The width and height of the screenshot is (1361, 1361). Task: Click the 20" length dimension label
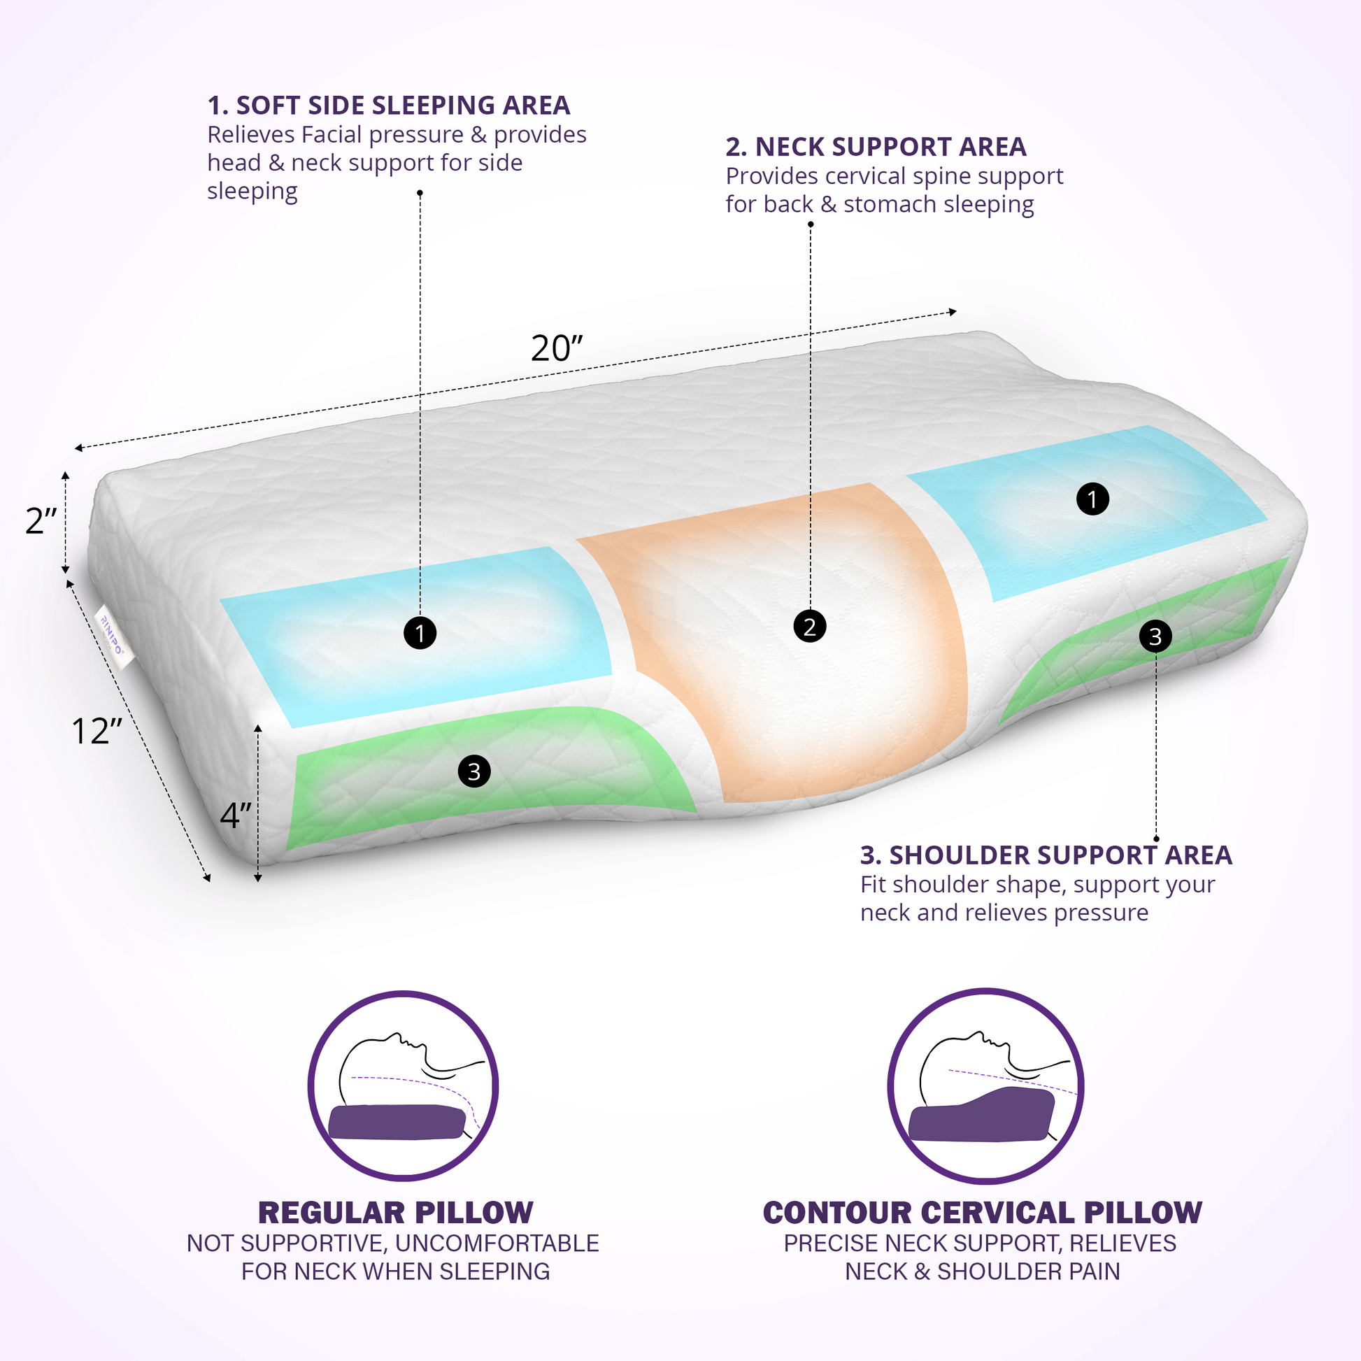557,348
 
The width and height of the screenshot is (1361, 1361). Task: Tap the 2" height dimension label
41,520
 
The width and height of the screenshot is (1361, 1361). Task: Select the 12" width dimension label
97,732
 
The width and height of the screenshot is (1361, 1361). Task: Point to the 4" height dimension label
235,815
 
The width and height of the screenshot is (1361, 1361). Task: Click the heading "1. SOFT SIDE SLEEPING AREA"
388,106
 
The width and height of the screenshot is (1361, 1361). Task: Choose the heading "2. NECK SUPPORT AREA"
876,148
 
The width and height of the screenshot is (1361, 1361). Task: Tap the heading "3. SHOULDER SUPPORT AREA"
1046,855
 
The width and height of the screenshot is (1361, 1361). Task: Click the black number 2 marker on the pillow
809,626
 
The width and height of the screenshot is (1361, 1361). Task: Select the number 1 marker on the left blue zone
420,633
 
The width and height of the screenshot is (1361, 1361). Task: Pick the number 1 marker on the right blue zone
1092,499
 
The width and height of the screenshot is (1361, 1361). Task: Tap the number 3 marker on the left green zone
474,771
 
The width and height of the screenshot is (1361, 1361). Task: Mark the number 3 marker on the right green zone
1155,636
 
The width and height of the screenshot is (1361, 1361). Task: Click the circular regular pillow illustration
403,1085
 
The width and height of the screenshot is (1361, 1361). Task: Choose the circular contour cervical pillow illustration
985,1085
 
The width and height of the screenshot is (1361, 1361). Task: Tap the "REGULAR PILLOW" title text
395,1213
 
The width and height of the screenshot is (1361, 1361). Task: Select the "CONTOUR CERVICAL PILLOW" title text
982,1213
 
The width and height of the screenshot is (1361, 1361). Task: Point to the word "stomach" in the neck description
890,204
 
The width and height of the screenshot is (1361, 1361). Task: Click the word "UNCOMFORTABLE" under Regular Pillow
497,1244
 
